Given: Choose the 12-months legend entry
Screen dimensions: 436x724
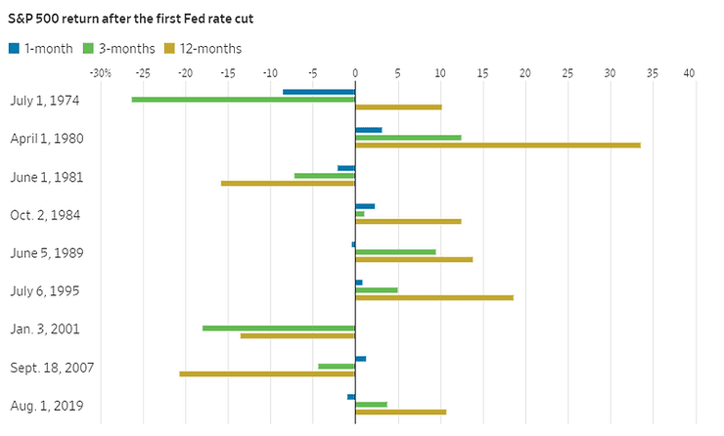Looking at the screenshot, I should (x=202, y=48).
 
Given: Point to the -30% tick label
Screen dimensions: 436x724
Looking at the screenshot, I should (x=99, y=73).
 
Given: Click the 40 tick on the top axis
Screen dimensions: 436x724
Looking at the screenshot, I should (x=690, y=73).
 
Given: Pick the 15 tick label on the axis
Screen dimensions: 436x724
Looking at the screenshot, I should (x=481, y=73).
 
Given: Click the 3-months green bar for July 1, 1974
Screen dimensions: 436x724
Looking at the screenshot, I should (x=243, y=100).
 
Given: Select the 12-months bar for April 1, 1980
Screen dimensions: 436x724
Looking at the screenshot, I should (x=497, y=146).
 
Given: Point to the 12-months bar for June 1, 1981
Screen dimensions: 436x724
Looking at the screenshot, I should (x=288, y=183).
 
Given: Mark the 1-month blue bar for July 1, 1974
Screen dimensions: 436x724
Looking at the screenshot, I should (x=319, y=92).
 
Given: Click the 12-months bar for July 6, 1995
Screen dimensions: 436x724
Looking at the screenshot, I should (x=433, y=298).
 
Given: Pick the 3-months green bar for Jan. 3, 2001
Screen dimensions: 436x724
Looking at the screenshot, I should (x=278, y=328).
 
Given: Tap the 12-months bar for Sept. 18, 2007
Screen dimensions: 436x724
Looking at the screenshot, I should (x=267, y=373).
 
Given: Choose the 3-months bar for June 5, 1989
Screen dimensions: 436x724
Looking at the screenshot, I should (x=395, y=252).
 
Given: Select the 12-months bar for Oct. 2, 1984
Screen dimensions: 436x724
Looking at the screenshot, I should (x=408, y=222).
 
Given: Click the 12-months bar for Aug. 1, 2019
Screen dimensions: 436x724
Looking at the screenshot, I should (x=400, y=413).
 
